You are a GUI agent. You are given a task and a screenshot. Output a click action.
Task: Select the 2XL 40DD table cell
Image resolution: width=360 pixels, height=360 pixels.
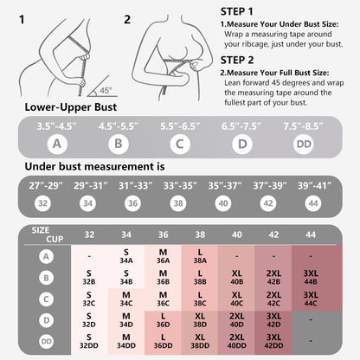point(236,343)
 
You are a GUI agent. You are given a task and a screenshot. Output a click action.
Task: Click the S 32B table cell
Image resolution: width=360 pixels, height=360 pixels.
point(90,279)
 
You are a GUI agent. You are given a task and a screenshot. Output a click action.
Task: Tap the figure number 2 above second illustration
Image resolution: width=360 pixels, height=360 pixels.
point(127,18)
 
